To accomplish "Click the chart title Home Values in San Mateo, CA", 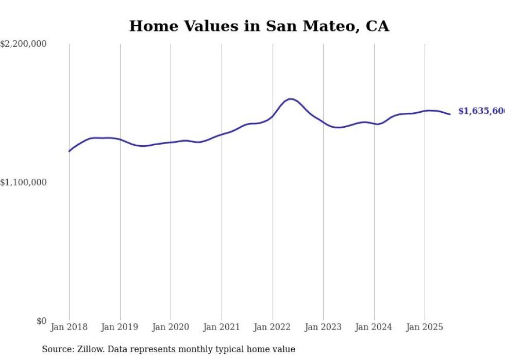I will coord(259,26).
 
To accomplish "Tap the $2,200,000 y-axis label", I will coord(23,44).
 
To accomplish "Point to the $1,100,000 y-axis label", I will coord(23,182).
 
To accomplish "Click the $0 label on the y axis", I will coord(41,321).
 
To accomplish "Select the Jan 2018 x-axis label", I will coord(69,327).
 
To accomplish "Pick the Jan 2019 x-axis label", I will coord(120,327).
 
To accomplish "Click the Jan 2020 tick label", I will coord(171,327).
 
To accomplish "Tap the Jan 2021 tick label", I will coord(222,327).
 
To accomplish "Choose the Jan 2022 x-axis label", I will coord(273,327).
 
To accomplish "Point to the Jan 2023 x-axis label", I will coord(323,327).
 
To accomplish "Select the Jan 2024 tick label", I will coord(374,327).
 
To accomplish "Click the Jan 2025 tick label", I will coord(425,327).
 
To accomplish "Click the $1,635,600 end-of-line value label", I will coord(481,111).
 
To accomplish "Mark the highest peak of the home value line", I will coord(290,99).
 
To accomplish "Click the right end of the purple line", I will coord(450,114).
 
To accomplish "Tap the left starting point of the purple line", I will coord(69,151).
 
